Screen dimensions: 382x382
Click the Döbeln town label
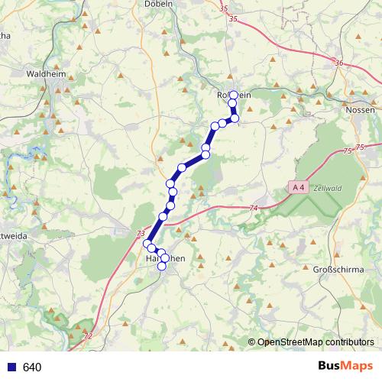click(x=162, y=4)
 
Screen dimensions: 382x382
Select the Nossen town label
click(x=360, y=110)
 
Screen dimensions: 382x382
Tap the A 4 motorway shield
click(x=299, y=186)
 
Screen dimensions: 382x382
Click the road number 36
click(x=339, y=63)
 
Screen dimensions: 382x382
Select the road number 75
click(x=360, y=147)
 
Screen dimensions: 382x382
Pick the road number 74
click(x=254, y=209)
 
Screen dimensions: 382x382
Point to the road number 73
click(x=140, y=234)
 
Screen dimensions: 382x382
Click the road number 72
click(x=90, y=335)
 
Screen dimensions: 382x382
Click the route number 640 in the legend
click(x=32, y=367)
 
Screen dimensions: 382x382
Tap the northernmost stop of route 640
click(x=233, y=94)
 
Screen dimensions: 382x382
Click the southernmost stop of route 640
click(x=161, y=267)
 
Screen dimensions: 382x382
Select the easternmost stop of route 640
click(x=235, y=118)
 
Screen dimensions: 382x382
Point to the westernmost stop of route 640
click(x=147, y=244)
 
